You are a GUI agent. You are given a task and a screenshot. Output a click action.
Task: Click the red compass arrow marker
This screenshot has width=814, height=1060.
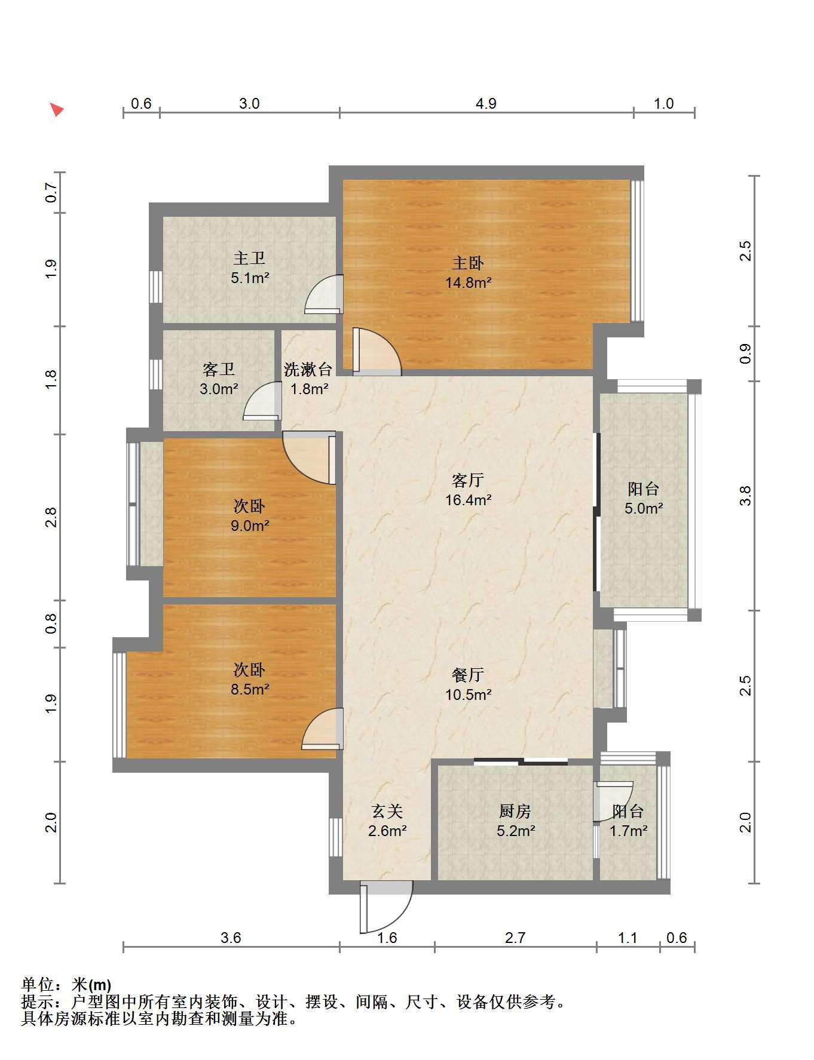57,110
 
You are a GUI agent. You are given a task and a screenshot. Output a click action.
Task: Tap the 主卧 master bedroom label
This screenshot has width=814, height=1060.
468,263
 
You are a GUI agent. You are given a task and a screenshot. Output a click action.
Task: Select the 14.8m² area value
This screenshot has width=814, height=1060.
468,282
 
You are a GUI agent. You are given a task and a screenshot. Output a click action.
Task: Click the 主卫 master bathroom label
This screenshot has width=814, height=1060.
249,258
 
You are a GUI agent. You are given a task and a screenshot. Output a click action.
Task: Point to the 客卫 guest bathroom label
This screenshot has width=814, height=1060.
219,370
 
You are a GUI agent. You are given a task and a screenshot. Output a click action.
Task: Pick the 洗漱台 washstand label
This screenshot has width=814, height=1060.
308,370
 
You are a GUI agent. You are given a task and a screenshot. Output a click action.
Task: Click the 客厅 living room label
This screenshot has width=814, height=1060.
468,480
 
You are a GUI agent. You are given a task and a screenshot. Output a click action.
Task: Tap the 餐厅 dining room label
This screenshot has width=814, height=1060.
468,675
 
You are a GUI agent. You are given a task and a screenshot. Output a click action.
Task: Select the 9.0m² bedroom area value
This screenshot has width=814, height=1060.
250,526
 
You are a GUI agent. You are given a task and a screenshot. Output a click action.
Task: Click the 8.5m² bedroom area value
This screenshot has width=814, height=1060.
250,690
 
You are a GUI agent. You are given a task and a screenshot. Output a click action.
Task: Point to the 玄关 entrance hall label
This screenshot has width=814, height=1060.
387,811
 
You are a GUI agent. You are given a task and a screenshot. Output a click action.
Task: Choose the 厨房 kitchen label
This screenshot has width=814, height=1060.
515,811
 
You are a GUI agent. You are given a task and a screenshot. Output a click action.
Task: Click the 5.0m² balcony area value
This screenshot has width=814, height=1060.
644,509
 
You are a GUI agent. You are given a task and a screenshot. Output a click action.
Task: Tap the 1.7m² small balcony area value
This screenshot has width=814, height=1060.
629,831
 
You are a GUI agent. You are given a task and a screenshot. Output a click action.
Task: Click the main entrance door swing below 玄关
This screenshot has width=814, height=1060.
386,907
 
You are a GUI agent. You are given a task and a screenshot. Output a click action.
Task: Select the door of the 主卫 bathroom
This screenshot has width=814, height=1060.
324,294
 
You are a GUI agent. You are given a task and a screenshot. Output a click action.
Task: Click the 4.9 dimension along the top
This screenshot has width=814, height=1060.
486,104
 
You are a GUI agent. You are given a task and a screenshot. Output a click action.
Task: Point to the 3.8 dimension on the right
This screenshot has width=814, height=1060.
745,496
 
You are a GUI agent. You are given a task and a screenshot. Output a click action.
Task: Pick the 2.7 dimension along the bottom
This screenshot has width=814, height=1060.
515,938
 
